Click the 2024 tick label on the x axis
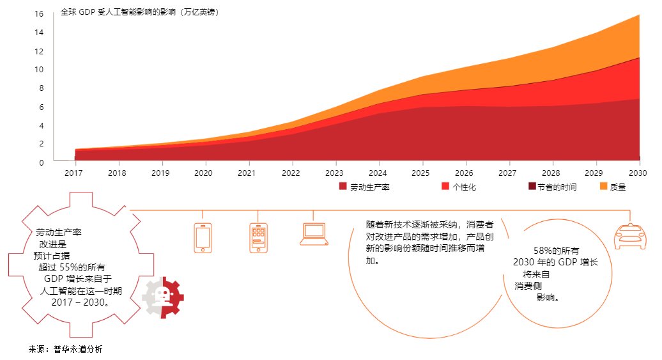[x=378, y=173]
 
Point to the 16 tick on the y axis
[x=40, y=14]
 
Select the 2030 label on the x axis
[x=638, y=173]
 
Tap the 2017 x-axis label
[x=74, y=173]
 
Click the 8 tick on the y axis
[x=42, y=88]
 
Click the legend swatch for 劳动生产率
[x=343, y=187]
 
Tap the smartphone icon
[x=203, y=238]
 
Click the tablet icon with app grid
[x=258, y=238]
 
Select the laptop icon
[x=314, y=235]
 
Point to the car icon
[x=629, y=237]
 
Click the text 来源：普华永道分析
[x=65, y=350]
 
